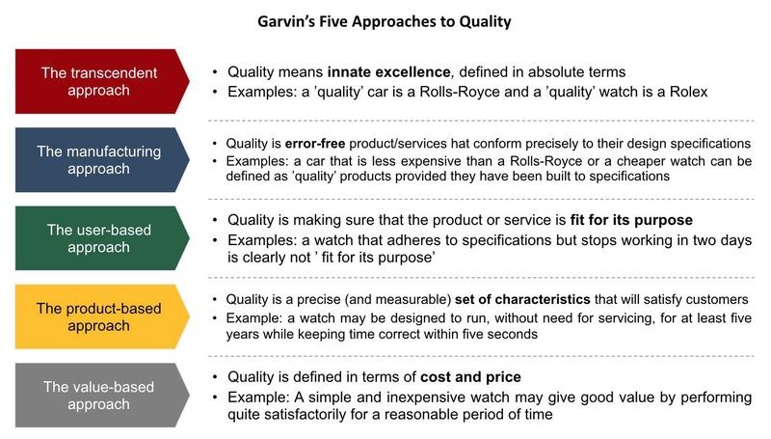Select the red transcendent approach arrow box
(102, 81)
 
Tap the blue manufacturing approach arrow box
(102, 159)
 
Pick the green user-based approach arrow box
(102, 238)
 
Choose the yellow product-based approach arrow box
(102, 316)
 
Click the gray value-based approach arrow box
(102, 396)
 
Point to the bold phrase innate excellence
(388, 71)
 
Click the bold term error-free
(315, 143)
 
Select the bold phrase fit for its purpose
(631, 220)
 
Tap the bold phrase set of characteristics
(522, 299)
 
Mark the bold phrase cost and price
(470, 377)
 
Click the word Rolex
(688, 92)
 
